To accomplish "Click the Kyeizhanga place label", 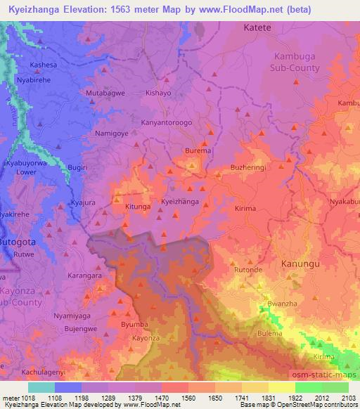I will (x=180, y=202).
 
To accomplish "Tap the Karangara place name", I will (x=84, y=276).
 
